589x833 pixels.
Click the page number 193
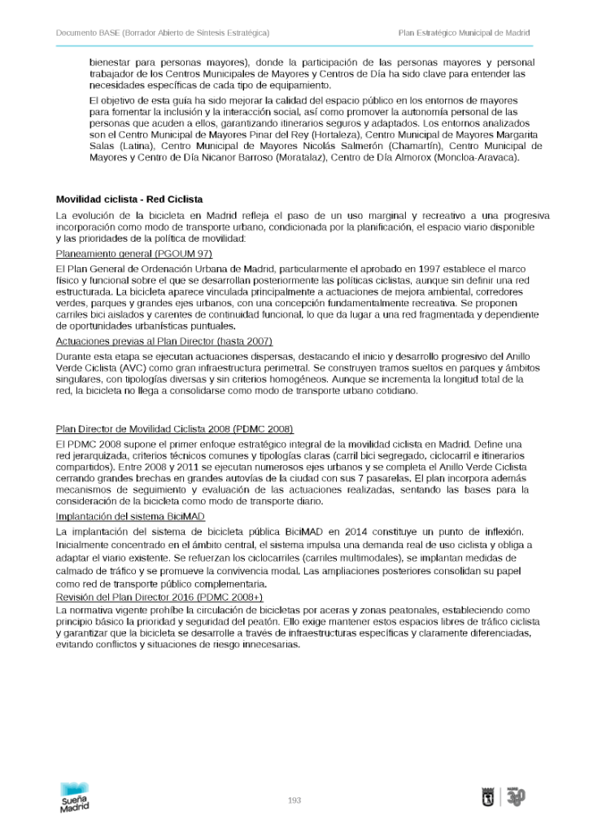point(294,800)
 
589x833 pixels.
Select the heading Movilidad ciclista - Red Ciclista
point(129,199)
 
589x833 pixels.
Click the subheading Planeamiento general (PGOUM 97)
point(128,254)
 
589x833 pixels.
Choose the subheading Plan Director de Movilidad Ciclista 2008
point(174,429)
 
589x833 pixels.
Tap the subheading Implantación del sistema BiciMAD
point(130,517)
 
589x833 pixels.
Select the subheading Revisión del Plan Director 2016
point(159,597)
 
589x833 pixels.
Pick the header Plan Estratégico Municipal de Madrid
point(464,33)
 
